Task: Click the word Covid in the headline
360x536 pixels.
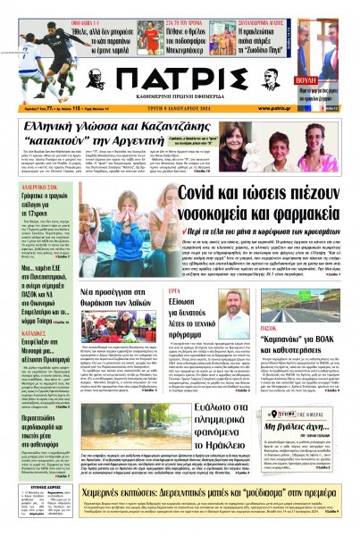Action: pyautogui.click(x=205, y=169)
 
